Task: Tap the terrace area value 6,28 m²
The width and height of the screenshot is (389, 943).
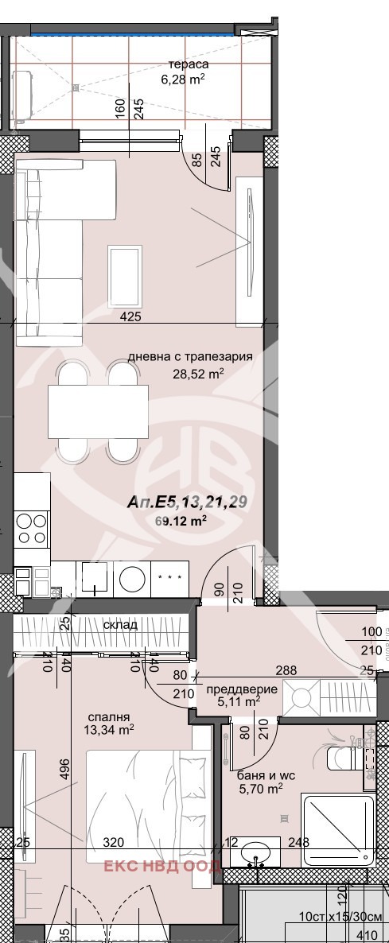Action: [184, 80]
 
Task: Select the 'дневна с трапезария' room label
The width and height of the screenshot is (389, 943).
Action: [190, 357]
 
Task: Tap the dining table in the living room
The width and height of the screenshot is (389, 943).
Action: [98, 411]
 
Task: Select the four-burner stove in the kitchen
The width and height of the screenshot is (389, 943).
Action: [32, 530]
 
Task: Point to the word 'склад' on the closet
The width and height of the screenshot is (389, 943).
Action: [119, 625]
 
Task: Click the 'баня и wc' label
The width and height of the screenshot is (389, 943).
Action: [259, 775]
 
